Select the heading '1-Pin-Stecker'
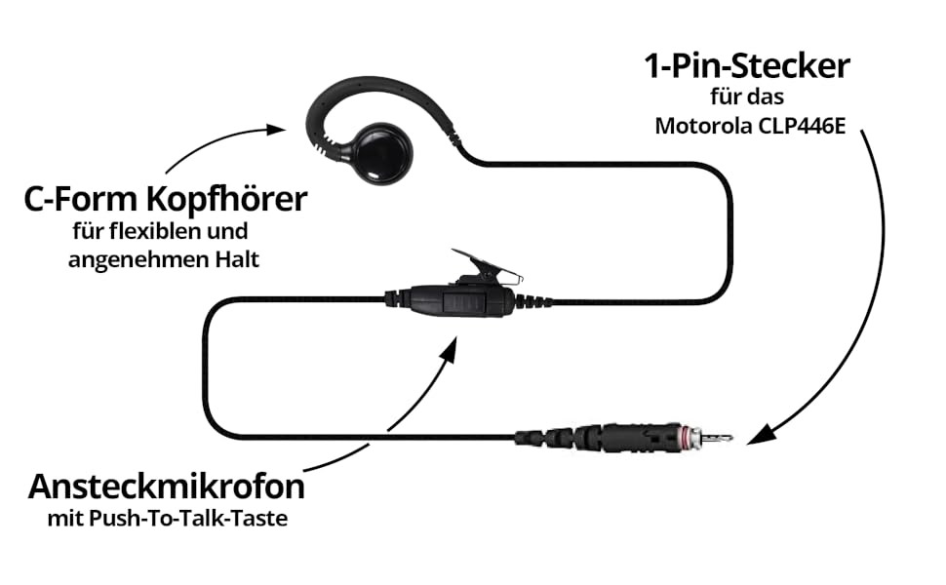click(747, 66)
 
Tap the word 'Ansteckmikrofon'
click(166, 485)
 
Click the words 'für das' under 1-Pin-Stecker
click(747, 97)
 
